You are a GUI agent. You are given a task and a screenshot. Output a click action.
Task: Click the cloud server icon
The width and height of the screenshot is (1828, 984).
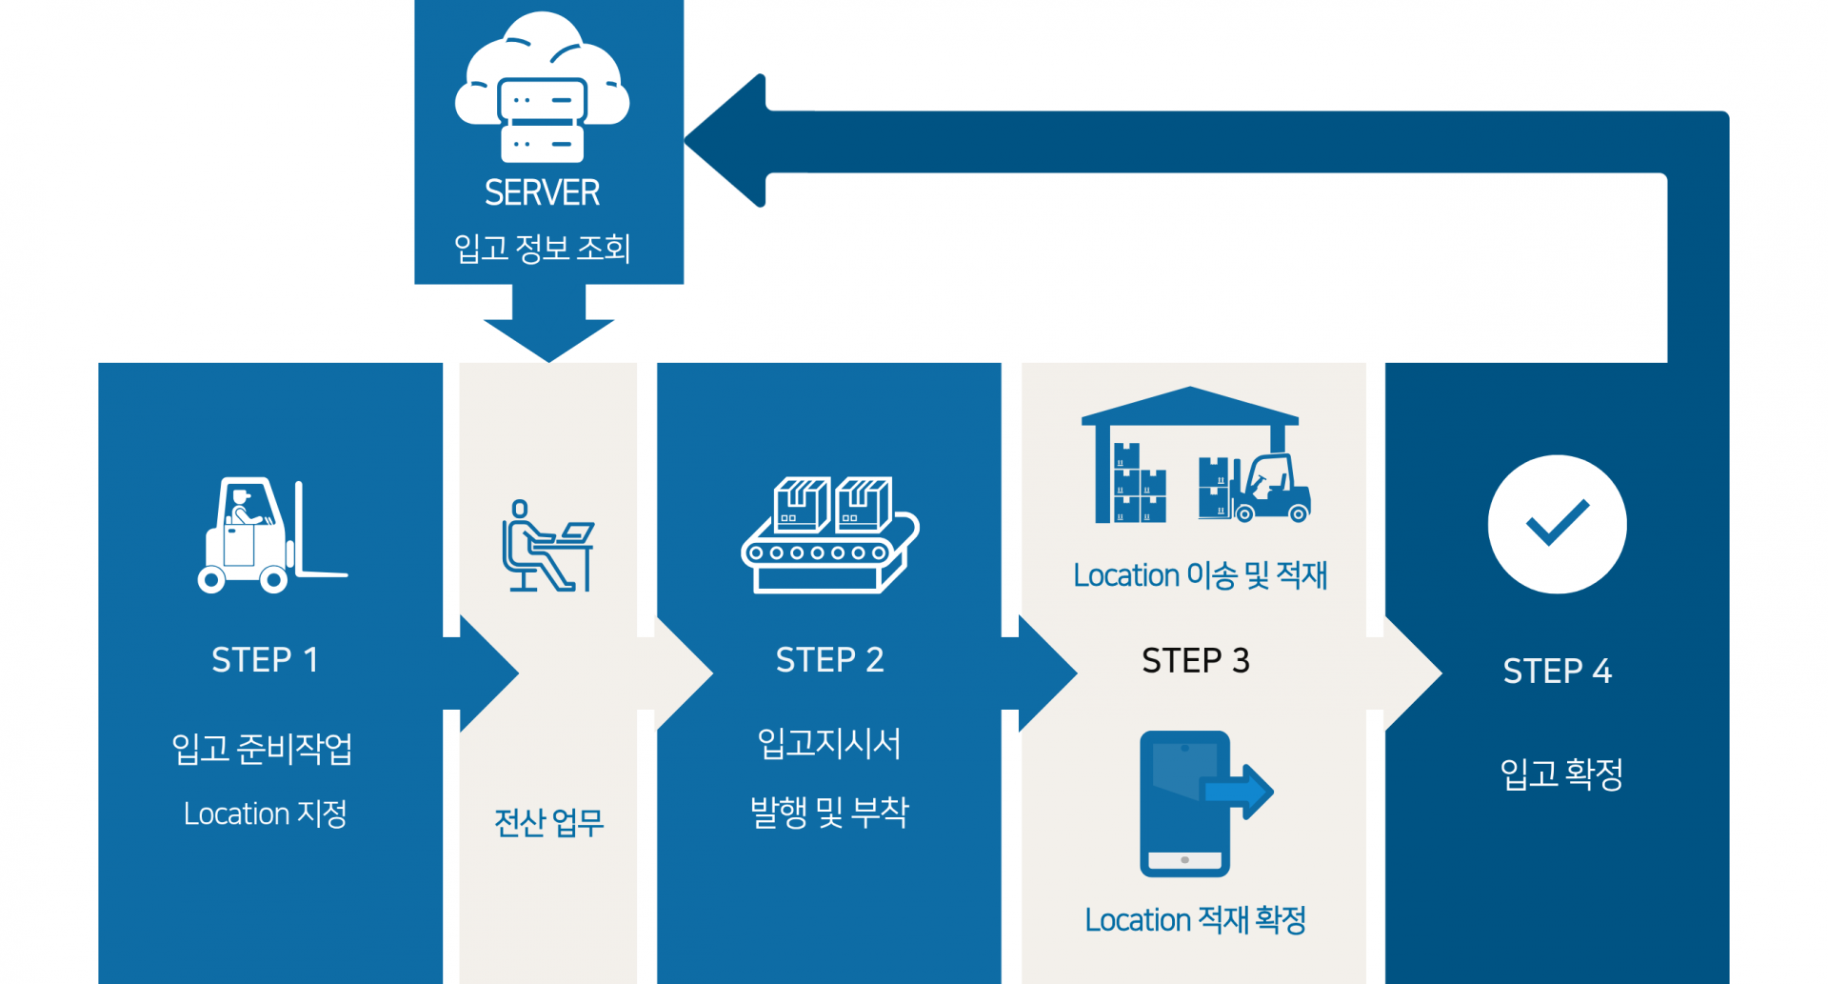point(542,89)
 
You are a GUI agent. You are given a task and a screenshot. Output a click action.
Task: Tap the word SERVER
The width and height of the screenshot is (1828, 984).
point(542,193)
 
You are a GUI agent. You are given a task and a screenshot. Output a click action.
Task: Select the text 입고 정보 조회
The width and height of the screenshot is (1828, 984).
point(542,249)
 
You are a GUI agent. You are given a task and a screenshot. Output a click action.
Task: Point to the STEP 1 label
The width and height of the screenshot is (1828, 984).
point(265,660)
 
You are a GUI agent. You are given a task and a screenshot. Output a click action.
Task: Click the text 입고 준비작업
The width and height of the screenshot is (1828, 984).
point(262,749)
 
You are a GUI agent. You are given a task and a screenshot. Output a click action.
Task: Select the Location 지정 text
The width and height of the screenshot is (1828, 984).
point(265,814)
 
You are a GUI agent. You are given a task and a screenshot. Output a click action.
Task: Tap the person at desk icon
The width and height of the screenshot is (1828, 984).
point(547,546)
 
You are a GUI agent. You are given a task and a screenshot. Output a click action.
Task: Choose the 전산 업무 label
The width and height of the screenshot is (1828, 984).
point(548,822)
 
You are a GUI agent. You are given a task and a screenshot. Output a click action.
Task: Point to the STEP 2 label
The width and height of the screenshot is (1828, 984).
point(829,660)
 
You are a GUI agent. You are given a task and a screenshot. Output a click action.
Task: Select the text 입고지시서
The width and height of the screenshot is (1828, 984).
point(829,743)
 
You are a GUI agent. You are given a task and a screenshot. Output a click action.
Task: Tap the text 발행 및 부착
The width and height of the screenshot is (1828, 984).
point(829,813)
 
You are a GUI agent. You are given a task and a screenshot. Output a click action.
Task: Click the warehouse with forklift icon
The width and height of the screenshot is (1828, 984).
point(1195,456)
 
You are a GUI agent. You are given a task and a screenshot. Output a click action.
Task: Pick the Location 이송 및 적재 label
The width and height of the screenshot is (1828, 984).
point(1200,575)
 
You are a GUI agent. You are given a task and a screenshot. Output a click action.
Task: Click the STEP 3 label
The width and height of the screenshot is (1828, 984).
point(1195,661)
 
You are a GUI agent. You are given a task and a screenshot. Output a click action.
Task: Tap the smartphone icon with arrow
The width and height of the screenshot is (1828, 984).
point(1202,803)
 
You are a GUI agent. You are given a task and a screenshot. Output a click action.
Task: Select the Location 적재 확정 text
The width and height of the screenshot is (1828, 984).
point(1195,920)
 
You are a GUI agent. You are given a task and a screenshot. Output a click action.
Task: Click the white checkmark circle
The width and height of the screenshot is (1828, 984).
point(1557,524)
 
